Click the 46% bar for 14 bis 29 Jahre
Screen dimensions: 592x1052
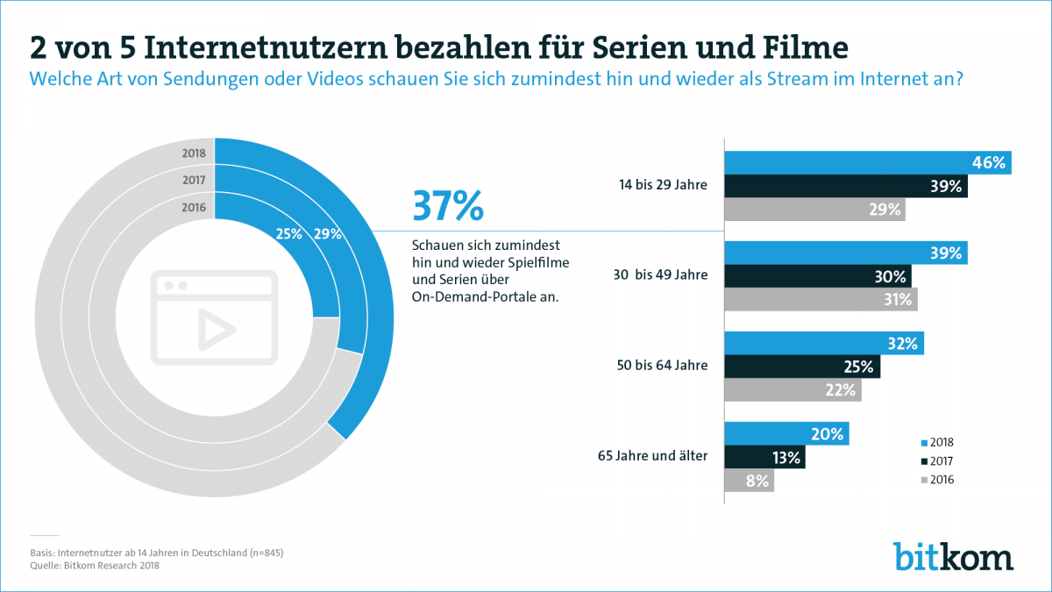867,163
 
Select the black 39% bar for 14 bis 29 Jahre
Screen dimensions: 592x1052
845,186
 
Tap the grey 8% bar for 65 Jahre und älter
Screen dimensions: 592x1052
749,480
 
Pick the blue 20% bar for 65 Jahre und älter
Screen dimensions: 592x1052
785,434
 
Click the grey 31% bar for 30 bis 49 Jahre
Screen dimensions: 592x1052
820,299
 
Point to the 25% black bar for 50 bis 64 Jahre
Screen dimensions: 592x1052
801,367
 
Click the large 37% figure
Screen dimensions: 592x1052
447,207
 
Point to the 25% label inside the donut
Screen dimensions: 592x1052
288,234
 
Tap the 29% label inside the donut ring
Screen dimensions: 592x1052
327,234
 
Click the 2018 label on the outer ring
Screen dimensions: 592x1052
194,153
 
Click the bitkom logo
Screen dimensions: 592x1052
953,556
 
